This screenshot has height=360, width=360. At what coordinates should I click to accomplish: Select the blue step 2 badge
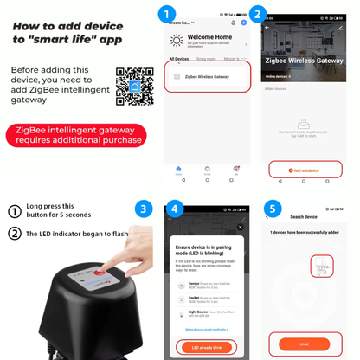pos(256,15)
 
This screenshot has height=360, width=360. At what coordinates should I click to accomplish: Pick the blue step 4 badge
pos(176,209)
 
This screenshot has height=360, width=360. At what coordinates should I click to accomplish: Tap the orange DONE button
pos(305,343)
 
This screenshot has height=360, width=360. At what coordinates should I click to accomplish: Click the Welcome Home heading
pos(210,37)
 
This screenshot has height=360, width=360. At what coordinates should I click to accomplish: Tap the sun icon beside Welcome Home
pos(177,41)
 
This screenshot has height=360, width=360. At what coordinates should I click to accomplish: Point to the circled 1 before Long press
pos(14,211)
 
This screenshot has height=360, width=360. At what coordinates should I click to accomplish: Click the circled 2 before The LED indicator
pos(14,234)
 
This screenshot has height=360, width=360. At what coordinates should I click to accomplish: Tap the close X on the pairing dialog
pos(240,227)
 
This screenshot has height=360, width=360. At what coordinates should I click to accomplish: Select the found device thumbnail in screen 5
pos(321,267)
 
